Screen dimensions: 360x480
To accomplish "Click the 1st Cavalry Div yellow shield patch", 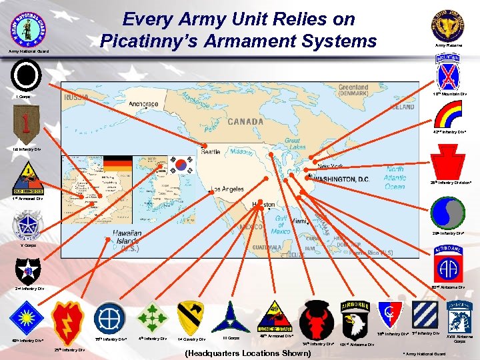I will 191,318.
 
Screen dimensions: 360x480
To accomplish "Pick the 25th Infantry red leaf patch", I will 68,322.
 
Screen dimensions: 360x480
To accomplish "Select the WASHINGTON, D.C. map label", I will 345,179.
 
